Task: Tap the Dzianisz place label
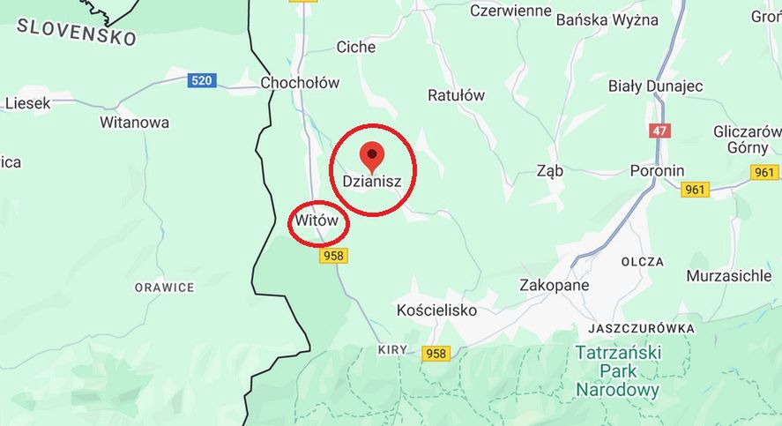tap(371, 181)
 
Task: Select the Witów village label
tap(317, 221)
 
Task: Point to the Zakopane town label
tap(554, 285)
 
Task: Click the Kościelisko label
tap(436, 310)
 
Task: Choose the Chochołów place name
tap(300, 83)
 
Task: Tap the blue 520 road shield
tap(202, 81)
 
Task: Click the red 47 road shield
tap(659, 131)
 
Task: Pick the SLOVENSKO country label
tap(77, 32)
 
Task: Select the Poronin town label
tap(657, 170)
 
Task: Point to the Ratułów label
tap(456, 95)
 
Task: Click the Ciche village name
tap(356, 48)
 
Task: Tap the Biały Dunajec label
tap(655, 86)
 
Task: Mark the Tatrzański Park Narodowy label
tap(617, 371)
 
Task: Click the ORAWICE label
tap(164, 288)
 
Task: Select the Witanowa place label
tap(134, 123)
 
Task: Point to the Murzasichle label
tap(727, 275)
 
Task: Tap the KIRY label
tap(392, 349)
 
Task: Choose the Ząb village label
tap(549, 171)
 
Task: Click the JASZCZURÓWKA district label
tap(640, 328)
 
